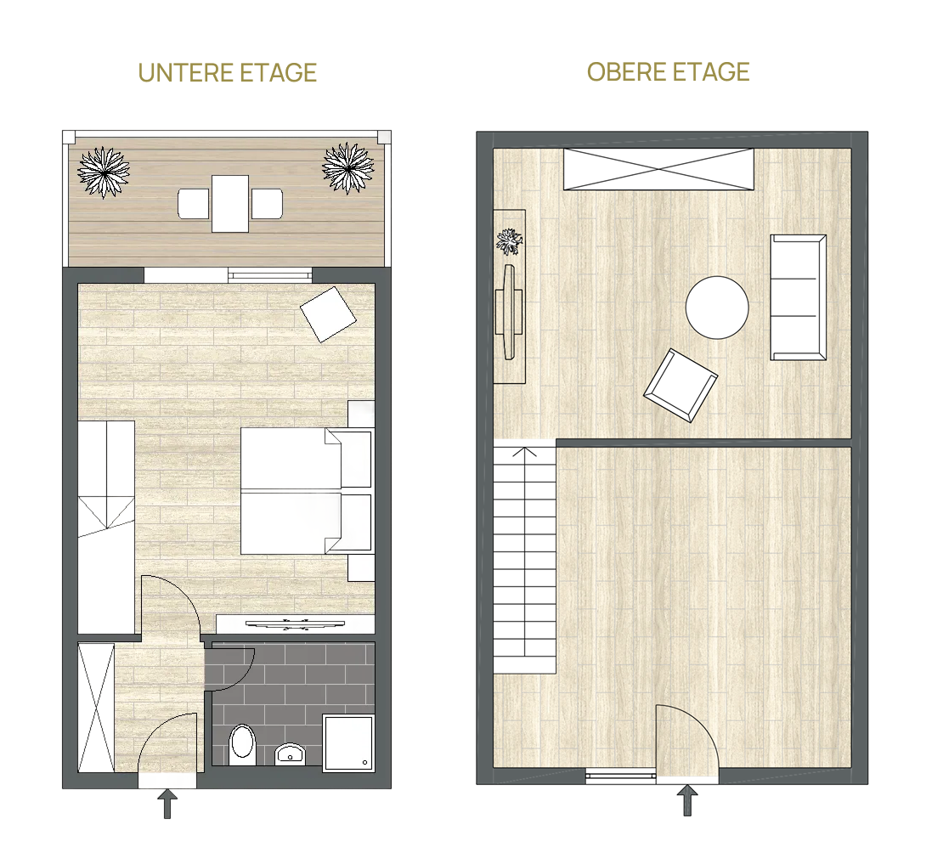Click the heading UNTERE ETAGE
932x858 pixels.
pyautogui.click(x=227, y=73)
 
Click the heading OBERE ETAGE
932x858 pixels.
pyautogui.click(x=668, y=72)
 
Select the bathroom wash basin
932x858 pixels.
pyautogui.click(x=290, y=754)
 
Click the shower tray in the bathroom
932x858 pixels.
pyautogui.click(x=348, y=742)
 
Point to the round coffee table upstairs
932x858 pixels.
pyautogui.click(x=717, y=308)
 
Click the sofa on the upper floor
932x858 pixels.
pyautogui.click(x=799, y=297)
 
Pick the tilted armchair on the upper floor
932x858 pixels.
pyautogui.click(x=681, y=385)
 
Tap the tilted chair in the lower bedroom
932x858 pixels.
pyautogui.click(x=328, y=314)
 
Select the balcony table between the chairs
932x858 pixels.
pyautogui.click(x=230, y=203)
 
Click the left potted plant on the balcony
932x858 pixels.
pyautogui.click(x=104, y=172)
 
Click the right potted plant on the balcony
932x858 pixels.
pyautogui.click(x=347, y=168)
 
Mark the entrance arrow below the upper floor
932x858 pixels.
pyautogui.click(x=687, y=799)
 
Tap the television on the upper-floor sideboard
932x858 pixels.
pyautogui.click(x=509, y=312)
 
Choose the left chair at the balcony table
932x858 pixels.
pyautogui.click(x=194, y=204)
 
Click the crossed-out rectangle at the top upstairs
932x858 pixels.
pyautogui.click(x=658, y=169)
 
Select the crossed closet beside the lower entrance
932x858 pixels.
pyautogui.click(x=96, y=708)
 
